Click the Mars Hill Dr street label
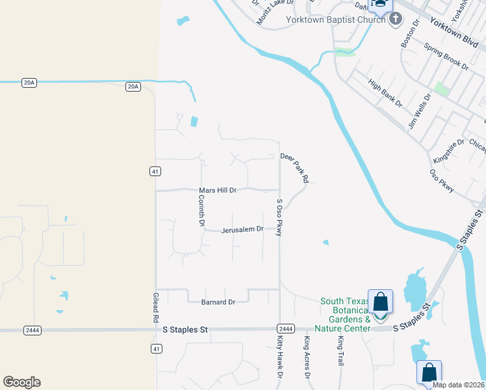tap(217, 190)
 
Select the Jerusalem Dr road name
tap(242, 229)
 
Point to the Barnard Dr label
tap(218, 302)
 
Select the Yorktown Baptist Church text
tap(336, 19)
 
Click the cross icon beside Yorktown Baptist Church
tap(395, 19)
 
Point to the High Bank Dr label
tap(385, 93)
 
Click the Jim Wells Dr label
tap(420, 111)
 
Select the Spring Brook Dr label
tap(446, 57)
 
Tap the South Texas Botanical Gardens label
tap(346, 311)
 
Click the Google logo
tap(21, 382)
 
